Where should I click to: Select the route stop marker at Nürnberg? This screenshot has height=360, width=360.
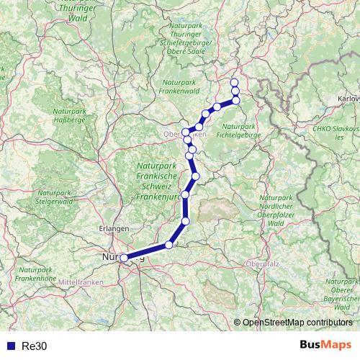(x=124, y=258)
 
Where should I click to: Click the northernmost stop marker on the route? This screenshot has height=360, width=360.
(x=235, y=83)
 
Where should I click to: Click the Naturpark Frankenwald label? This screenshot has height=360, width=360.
(x=185, y=87)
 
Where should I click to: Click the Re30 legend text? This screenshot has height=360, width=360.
(x=35, y=346)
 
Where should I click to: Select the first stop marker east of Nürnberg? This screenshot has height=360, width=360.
(x=169, y=245)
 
